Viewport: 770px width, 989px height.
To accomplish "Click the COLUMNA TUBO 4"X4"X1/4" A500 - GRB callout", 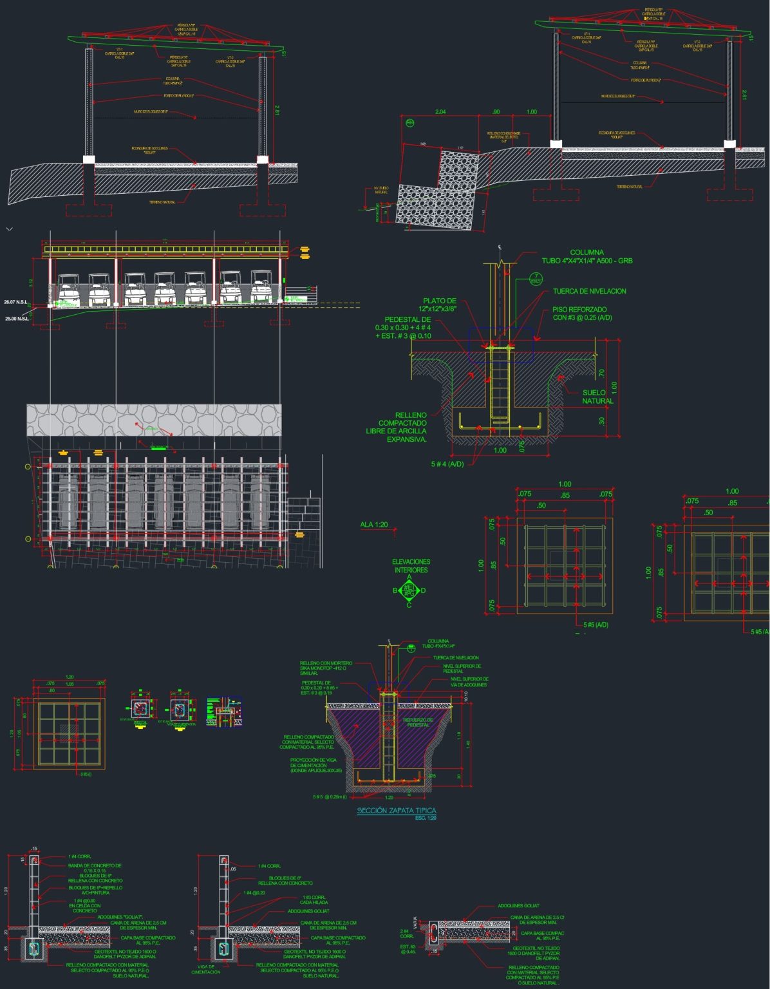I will (587, 257).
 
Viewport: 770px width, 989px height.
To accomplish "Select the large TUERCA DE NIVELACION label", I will (589, 291).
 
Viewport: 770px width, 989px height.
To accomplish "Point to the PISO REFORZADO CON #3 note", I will (582, 314).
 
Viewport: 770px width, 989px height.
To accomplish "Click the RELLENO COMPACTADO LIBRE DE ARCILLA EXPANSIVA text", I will (397, 427).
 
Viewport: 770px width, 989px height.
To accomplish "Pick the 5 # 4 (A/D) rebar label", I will (447, 464).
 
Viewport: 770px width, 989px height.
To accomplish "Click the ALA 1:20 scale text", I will (374, 525).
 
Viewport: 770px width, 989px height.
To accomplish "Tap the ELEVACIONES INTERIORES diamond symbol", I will (409, 590).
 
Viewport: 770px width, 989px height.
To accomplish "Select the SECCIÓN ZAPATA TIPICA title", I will (396, 811).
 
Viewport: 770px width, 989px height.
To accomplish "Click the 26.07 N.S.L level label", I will (17, 302).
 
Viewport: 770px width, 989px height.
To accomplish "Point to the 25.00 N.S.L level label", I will (17, 319).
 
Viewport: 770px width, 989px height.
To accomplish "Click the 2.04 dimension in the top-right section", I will (440, 112).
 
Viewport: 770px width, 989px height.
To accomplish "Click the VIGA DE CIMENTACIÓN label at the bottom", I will (205, 969).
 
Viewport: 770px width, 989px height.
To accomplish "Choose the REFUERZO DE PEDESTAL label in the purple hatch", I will (418, 722).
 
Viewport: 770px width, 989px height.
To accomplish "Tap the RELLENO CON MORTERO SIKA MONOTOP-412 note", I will (326, 668).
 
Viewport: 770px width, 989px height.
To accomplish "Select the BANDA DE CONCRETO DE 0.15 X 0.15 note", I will (95, 868).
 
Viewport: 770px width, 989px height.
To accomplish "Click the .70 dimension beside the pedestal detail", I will (601, 372).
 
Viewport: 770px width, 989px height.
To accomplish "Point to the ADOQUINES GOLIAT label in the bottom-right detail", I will (518, 905).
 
